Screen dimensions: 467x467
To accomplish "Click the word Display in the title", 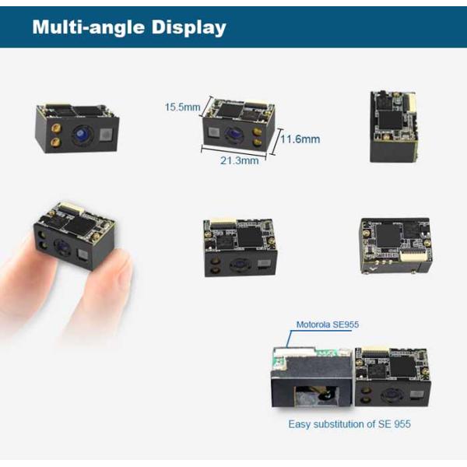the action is [x=189, y=28].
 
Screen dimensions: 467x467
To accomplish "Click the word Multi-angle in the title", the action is [x=89, y=27].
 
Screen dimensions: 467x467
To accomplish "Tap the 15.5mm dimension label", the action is [x=182, y=107].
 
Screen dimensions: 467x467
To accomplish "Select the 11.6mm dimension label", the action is [x=300, y=139].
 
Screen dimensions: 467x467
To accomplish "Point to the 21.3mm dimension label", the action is [x=240, y=160].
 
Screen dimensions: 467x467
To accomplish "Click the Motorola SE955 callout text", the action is [x=328, y=325].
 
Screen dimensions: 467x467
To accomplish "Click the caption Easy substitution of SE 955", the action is [x=349, y=424].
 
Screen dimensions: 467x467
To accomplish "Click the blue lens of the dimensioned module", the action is [x=233, y=135].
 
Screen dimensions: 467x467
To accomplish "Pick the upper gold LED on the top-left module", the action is [x=56, y=128].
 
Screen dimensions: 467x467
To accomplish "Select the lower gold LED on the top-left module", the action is [x=56, y=142].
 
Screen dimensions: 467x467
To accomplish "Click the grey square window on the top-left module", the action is [x=106, y=135].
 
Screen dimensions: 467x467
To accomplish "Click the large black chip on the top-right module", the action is [x=390, y=121].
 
